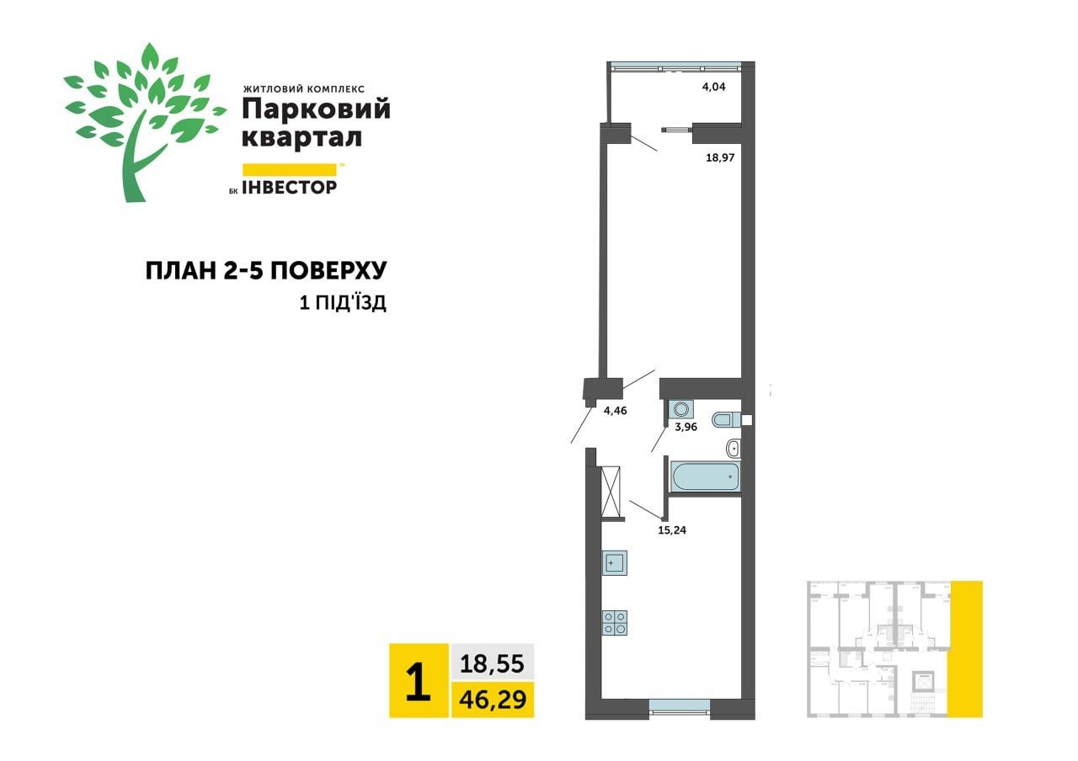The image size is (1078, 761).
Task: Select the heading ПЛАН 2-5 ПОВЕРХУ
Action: click(x=266, y=271)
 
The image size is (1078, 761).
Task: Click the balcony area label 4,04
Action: click(x=713, y=86)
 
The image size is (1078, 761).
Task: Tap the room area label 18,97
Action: click(x=720, y=157)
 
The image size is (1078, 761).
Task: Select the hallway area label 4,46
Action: click(x=616, y=412)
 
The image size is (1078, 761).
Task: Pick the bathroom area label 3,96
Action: click(x=686, y=427)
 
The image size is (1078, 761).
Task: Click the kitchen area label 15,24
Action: click(x=672, y=530)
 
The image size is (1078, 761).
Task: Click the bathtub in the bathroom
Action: click(x=705, y=476)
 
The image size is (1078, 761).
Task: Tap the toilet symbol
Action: click(x=725, y=419)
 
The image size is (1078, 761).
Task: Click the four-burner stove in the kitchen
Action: click(x=614, y=621)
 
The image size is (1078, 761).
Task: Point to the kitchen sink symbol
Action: click(x=615, y=561)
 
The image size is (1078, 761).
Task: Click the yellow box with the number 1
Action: click(x=419, y=681)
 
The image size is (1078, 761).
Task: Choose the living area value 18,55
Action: click(x=492, y=664)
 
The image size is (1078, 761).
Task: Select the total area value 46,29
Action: click(x=492, y=700)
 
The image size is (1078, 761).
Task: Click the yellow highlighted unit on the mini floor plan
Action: click(x=965, y=648)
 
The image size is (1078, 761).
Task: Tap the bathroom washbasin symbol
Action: click(x=733, y=448)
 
